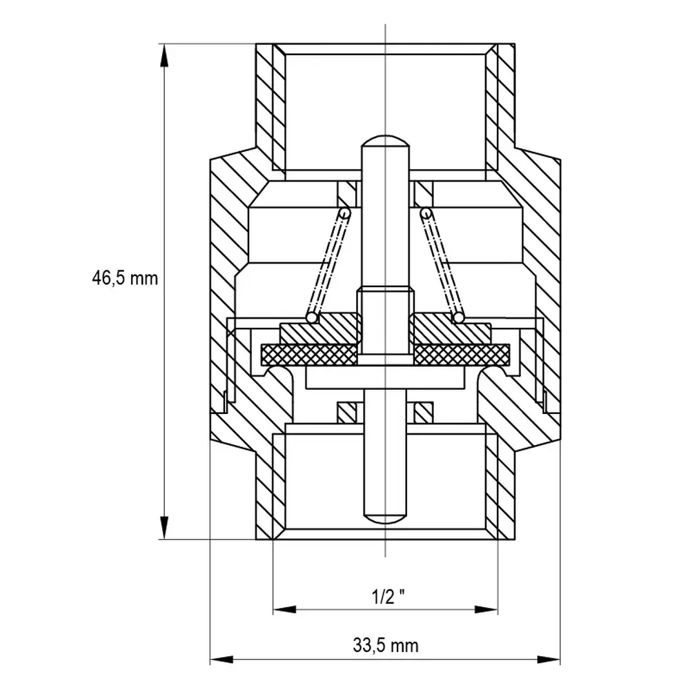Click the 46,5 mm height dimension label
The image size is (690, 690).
(124, 278)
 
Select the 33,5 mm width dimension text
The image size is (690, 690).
(386, 646)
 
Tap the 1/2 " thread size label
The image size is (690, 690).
(388, 597)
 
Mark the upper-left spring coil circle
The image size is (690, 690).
(344, 213)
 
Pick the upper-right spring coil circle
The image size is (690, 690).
(426, 213)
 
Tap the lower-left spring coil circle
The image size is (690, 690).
(312, 317)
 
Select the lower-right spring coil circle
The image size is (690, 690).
(459, 317)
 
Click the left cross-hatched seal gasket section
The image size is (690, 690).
(309, 355)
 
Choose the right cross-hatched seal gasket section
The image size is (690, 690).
(462, 355)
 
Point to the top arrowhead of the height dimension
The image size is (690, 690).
(164, 55)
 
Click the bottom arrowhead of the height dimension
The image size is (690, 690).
(164, 528)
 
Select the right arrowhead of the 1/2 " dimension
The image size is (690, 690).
(486, 609)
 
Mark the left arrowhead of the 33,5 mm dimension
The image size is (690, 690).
(221, 659)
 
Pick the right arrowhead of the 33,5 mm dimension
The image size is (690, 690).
(549, 659)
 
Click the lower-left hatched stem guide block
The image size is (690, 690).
(346, 413)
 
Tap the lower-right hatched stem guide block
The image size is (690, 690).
(424, 413)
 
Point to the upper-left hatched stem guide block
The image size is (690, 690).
(347, 194)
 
